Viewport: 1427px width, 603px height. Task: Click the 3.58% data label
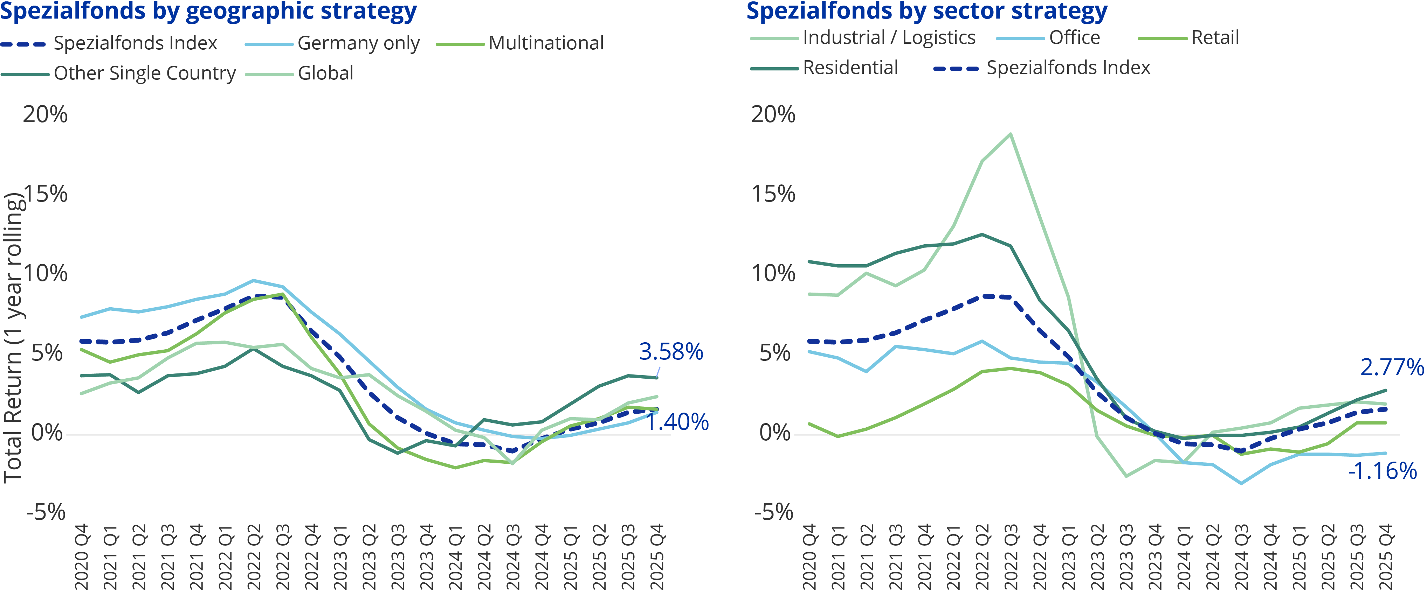click(670, 352)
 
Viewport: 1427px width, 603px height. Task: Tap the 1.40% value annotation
click(677, 422)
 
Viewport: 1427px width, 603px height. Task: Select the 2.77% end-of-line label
click(1392, 367)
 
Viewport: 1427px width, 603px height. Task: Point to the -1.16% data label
click(1382, 471)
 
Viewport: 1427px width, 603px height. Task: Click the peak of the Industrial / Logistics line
click(1011, 134)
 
